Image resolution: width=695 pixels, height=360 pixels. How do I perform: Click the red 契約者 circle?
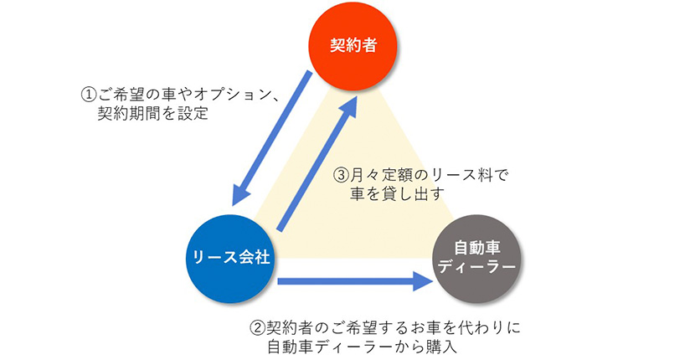(x=353, y=44)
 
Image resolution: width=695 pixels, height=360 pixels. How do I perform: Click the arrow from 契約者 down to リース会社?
(x=272, y=135)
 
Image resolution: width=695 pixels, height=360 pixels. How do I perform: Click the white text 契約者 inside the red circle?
(x=353, y=44)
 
